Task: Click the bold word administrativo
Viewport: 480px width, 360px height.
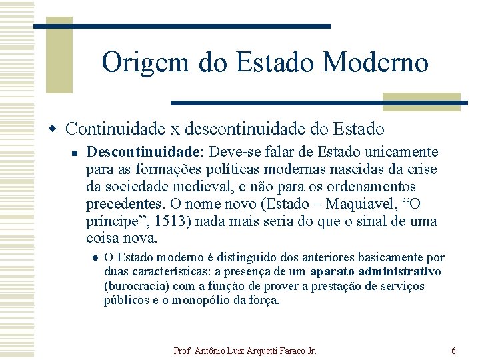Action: click(399, 271)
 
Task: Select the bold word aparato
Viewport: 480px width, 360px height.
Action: click(331, 271)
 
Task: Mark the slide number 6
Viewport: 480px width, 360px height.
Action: click(453, 350)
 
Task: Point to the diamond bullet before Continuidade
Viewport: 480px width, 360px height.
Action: click(57, 126)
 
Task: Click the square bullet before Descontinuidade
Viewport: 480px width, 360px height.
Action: click(75, 154)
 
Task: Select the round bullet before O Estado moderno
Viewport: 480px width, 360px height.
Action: click(95, 258)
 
